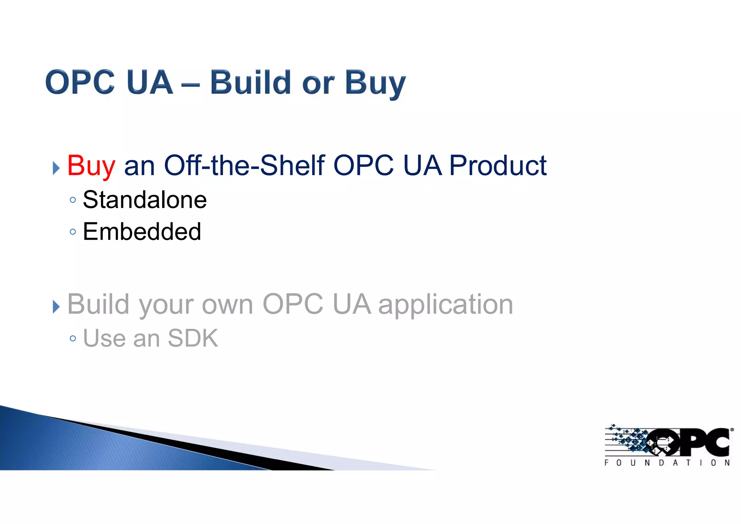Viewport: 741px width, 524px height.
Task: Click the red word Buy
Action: click(91, 166)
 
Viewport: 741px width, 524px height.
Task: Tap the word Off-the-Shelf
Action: click(245, 165)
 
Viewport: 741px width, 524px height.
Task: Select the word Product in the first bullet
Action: click(497, 165)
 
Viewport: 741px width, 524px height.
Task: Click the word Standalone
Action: click(145, 200)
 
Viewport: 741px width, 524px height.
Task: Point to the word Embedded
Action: click(142, 232)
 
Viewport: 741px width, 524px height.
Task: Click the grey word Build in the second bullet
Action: click(98, 304)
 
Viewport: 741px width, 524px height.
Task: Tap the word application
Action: click(445, 304)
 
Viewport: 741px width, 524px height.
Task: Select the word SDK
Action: click(193, 338)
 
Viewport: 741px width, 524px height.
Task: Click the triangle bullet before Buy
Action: click(56, 168)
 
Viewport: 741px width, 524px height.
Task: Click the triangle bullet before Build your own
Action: click(56, 307)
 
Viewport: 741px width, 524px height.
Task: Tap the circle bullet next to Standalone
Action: click(73, 200)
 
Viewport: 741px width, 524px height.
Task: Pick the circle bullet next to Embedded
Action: click(73, 232)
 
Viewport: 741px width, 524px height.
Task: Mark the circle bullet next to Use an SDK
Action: click(73, 339)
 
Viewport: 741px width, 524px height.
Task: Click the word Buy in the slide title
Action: click(375, 83)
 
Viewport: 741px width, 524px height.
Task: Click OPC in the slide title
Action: click(80, 83)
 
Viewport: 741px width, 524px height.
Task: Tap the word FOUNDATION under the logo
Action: click(667, 463)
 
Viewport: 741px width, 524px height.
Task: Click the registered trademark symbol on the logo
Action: click(732, 430)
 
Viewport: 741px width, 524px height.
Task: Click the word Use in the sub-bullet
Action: click(105, 338)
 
